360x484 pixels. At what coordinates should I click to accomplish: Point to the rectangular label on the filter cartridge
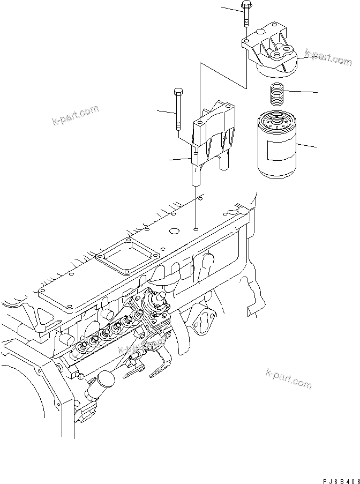[280, 150]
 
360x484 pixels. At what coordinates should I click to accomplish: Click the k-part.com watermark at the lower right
[288, 378]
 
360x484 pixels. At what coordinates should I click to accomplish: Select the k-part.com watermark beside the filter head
[328, 57]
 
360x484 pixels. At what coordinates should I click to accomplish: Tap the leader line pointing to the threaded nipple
[300, 92]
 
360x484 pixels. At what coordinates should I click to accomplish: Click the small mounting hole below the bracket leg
[197, 230]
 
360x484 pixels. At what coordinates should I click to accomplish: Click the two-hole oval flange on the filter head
[282, 55]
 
